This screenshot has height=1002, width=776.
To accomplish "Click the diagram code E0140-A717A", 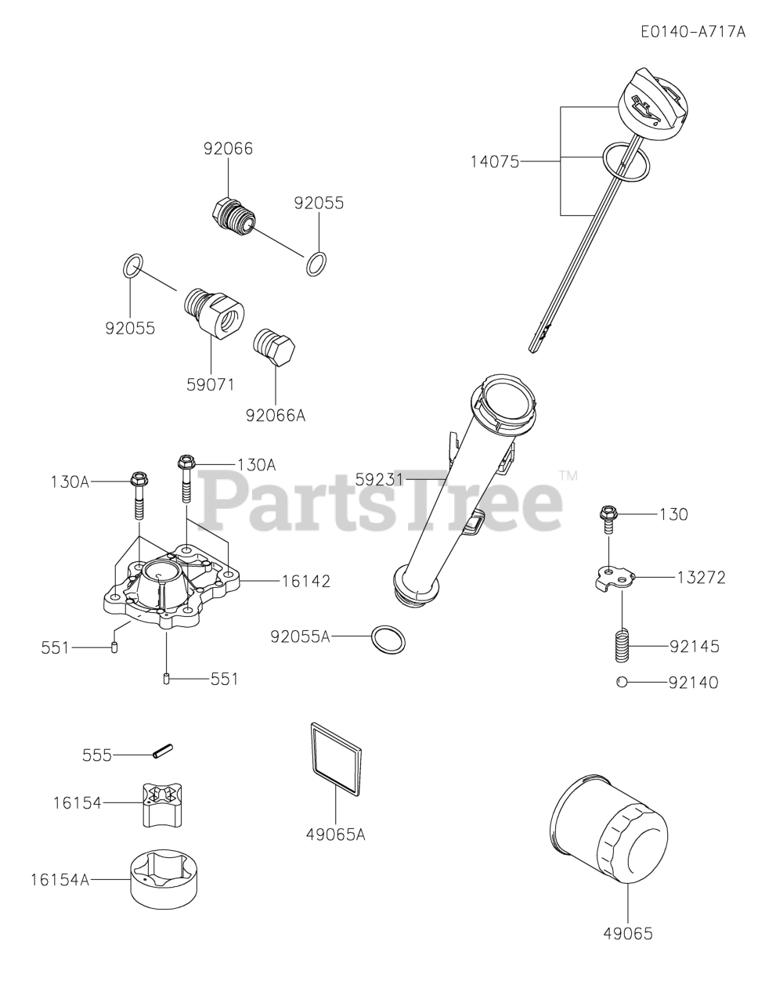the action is [x=692, y=32].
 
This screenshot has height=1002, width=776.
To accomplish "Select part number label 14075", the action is [x=494, y=162].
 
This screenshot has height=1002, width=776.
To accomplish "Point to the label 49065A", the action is [x=335, y=834].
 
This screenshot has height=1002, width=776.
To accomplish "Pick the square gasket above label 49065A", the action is [x=334, y=759].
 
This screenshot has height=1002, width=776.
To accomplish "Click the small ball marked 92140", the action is [x=621, y=682].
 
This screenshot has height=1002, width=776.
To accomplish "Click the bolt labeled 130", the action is [x=608, y=518].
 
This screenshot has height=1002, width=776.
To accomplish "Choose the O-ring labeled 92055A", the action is [x=388, y=640].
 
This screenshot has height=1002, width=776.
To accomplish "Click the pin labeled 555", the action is [x=161, y=751].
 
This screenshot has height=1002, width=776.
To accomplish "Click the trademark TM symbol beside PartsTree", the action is [x=568, y=475].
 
